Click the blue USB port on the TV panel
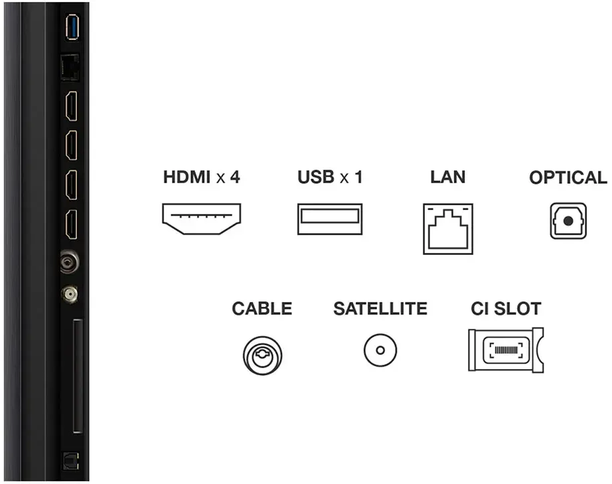[x=72, y=27]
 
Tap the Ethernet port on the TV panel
[x=70, y=68]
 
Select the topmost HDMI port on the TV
[x=72, y=106]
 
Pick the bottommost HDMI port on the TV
[x=72, y=224]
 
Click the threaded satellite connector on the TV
[x=70, y=293]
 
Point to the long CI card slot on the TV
[x=78, y=376]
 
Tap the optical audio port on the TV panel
[x=71, y=461]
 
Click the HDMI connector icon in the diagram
[x=201, y=218]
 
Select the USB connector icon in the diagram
[x=330, y=219]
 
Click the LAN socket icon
[x=448, y=229]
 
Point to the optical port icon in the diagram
[x=568, y=220]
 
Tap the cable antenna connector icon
[x=262, y=355]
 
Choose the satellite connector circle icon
[x=380, y=350]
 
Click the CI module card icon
[x=506, y=350]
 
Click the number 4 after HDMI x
[x=234, y=177]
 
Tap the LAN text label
[x=447, y=177]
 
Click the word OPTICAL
[x=568, y=177]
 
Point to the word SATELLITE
[x=380, y=308]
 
